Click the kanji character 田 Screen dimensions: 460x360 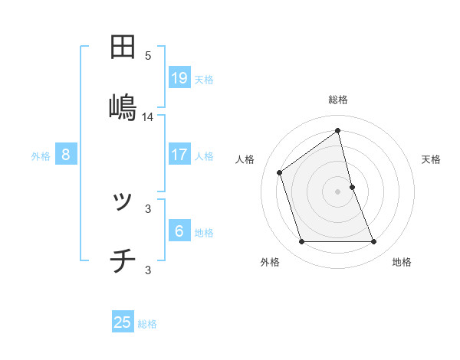pyautogui.click(x=123, y=47)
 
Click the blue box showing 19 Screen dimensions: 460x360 pyautogui.click(x=179, y=78)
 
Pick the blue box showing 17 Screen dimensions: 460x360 pyautogui.click(x=179, y=155)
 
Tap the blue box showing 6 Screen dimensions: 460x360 pyautogui.click(x=179, y=231)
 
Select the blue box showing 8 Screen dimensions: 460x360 pyautogui.click(x=66, y=155)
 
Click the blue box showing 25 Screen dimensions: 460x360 pyautogui.click(x=123, y=322)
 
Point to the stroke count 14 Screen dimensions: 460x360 pyautogui.click(x=148, y=117)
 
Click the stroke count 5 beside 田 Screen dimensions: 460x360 pyautogui.click(x=148, y=56)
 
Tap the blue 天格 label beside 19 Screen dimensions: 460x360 pyautogui.click(x=204, y=79)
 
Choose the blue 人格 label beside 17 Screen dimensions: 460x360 pyautogui.click(x=204, y=155)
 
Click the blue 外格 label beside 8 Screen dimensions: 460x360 pyautogui.click(x=41, y=155)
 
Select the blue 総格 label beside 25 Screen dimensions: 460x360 pyautogui.click(x=147, y=323)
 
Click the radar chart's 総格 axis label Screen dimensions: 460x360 pyautogui.click(x=338, y=100)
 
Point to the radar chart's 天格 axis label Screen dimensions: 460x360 pyautogui.click(x=431, y=159)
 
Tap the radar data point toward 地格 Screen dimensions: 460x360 pyautogui.click(x=374, y=242)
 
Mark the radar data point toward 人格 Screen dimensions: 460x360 pyautogui.click(x=280, y=172)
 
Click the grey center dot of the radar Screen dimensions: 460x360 pyautogui.click(x=338, y=191)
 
